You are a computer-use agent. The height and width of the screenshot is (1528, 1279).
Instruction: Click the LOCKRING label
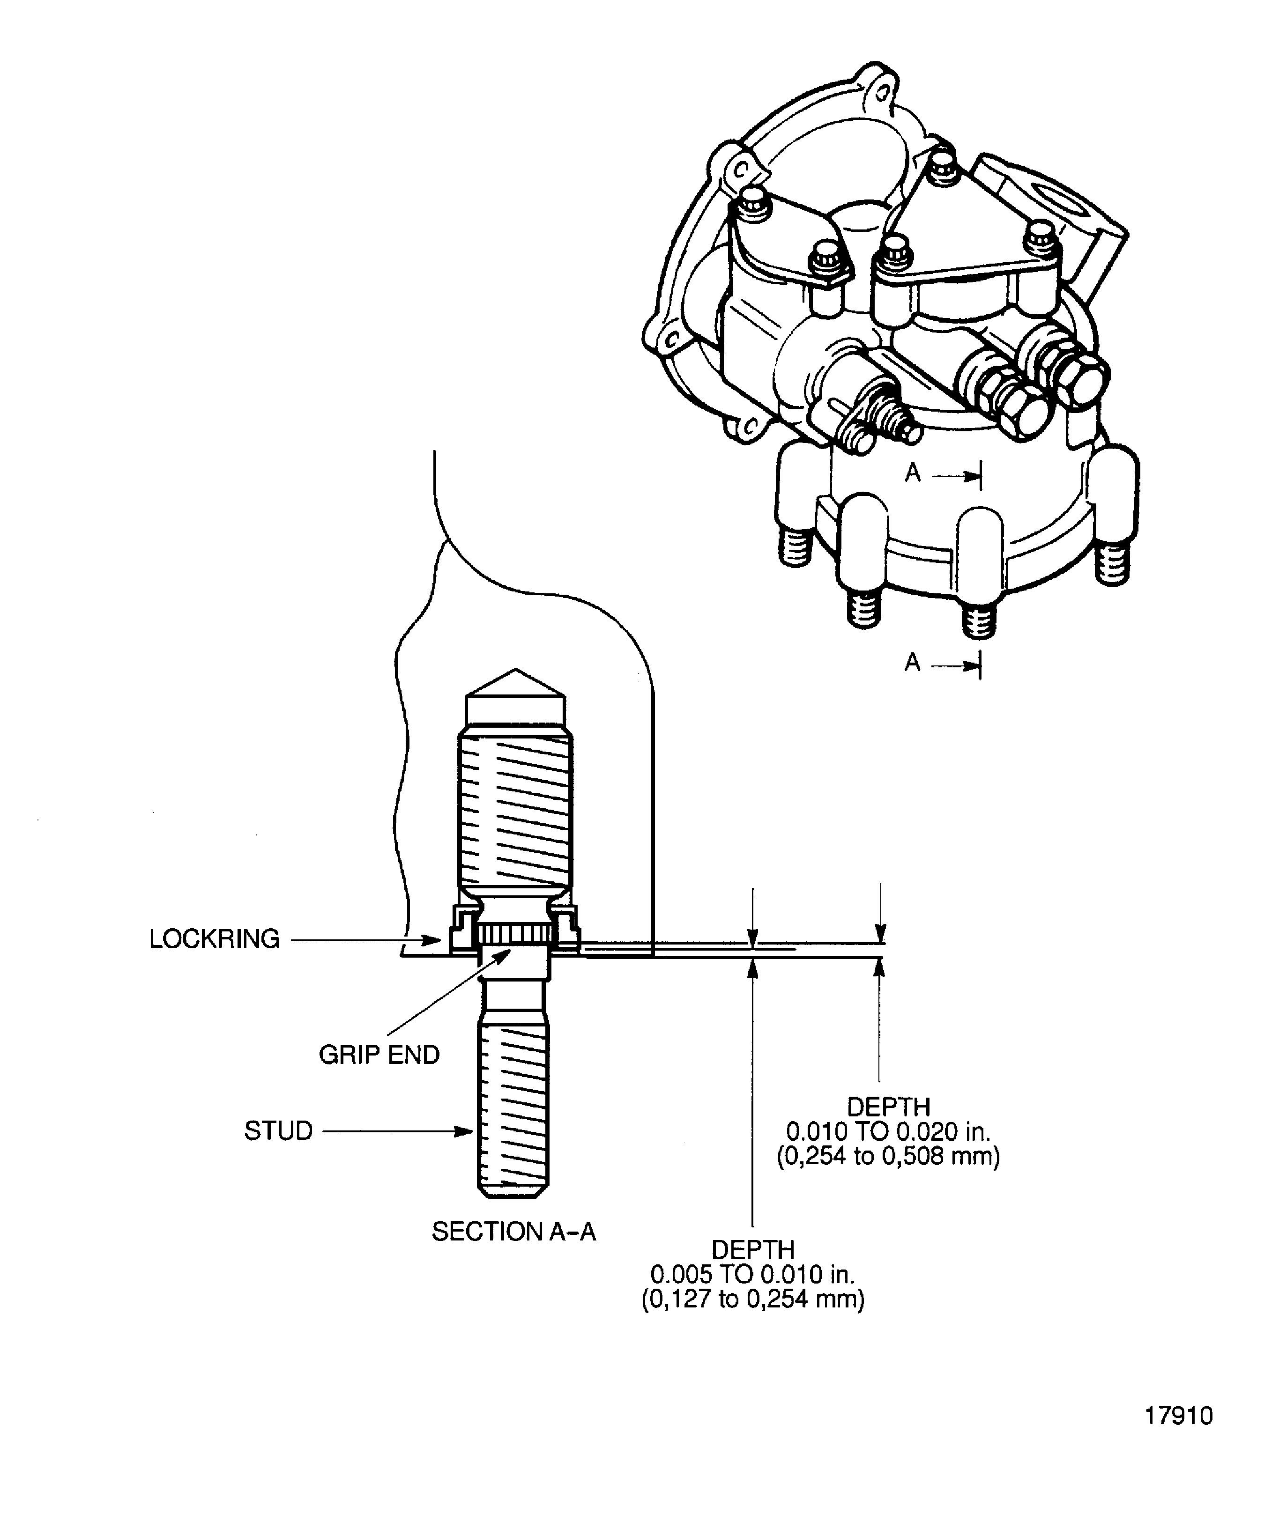(214, 939)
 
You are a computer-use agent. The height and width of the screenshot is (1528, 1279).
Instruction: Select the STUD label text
(278, 1131)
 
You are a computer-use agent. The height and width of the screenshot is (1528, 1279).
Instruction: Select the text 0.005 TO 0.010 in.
(753, 1274)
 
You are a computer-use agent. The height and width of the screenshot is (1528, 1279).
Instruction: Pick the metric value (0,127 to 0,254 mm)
(753, 1299)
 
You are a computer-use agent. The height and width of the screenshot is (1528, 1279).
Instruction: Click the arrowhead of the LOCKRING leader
(435, 940)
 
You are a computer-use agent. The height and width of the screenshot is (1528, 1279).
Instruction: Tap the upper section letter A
(913, 474)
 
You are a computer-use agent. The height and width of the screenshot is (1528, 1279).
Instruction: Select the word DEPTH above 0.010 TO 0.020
(888, 1107)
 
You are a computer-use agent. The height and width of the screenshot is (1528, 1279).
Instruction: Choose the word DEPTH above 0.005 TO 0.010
(753, 1249)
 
